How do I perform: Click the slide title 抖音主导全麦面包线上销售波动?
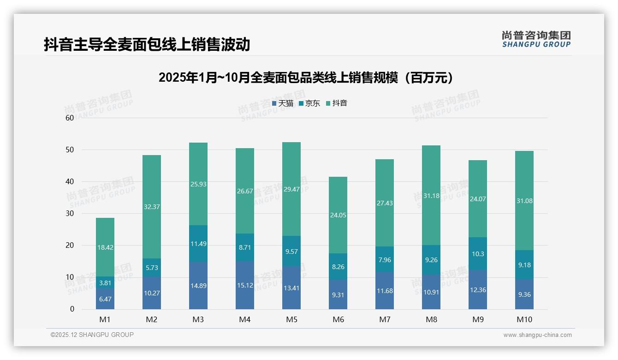(147, 45)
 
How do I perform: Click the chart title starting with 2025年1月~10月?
(306, 78)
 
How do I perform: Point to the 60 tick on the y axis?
(70, 118)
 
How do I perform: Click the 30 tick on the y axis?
(70, 213)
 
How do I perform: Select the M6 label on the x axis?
(338, 319)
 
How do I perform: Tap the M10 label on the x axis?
(524, 319)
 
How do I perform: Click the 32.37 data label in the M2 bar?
(152, 207)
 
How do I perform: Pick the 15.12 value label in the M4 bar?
(245, 285)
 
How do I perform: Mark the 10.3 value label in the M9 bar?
(478, 254)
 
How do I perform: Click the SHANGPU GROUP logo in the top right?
(536, 39)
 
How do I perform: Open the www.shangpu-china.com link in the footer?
(537, 335)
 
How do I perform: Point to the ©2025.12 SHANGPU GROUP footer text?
(92, 335)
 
